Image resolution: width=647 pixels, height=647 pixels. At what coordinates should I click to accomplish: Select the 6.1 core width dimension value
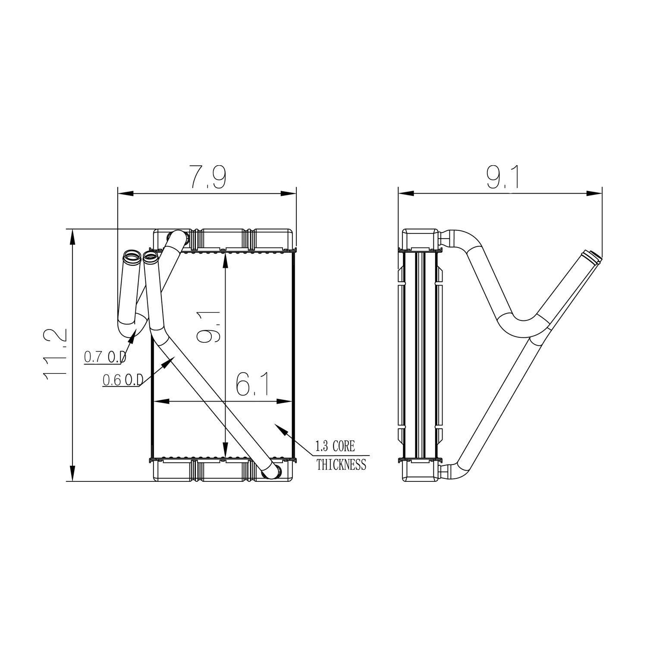click(253, 383)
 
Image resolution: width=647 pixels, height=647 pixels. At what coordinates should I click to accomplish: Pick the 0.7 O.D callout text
click(105, 356)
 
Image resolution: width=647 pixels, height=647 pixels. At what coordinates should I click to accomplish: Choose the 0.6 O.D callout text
click(123, 380)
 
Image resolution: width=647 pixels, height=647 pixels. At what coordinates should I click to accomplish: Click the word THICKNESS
click(341, 465)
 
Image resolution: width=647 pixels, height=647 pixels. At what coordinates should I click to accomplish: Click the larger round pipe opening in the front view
click(132, 258)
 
